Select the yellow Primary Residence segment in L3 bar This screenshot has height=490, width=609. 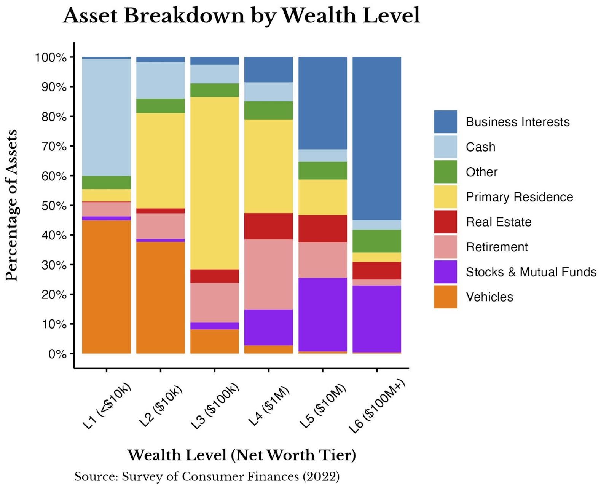coord(215,183)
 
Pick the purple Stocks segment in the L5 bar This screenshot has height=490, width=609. coord(323,314)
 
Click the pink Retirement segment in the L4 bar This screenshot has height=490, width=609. coord(269,274)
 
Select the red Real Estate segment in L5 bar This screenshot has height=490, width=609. coord(323,228)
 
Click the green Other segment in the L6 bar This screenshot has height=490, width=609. coord(377,241)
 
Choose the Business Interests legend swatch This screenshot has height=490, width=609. coord(445,122)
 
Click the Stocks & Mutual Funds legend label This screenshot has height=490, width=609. coord(531,272)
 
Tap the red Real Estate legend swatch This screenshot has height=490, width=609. coord(445,222)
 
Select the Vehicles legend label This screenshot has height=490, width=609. coord(489,297)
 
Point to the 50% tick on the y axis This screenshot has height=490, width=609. coord(71,206)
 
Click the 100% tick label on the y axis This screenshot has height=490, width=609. coord(51,57)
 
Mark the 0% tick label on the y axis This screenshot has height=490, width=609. coord(57,354)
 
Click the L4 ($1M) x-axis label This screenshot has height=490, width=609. coord(269,405)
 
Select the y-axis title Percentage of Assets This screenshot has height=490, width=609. coord(12,206)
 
